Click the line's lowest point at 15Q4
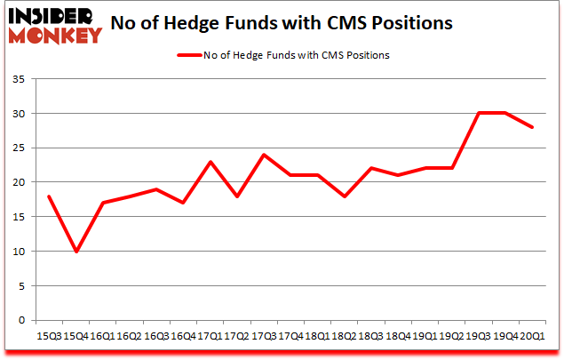point(75,252)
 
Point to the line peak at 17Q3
point(264,155)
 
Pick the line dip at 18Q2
point(345,196)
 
